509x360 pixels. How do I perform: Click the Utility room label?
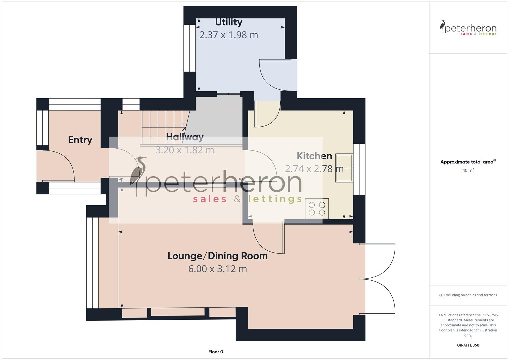tap(228, 22)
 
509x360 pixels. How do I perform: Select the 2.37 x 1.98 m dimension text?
tap(228, 35)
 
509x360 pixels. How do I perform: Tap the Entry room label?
tap(80, 140)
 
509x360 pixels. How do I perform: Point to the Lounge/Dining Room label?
tap(217, 256)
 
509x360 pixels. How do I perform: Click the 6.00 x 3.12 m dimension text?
tap(217, 269)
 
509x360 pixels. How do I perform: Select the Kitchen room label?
tap(314, 156)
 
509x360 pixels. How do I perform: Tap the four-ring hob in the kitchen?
tap(317, 209)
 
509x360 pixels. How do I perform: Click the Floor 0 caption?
tap(215, 352)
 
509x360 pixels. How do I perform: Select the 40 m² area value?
tap(468, 170)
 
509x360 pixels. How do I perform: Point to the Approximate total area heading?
tap(468, 162)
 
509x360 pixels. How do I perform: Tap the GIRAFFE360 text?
tap(468, 345)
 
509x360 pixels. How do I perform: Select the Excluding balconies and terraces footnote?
tap(468, 295)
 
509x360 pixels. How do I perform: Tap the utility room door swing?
tap(273, 75)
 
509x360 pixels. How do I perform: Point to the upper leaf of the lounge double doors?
tap(380, 260)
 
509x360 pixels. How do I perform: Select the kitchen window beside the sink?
tap(359, 169)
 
